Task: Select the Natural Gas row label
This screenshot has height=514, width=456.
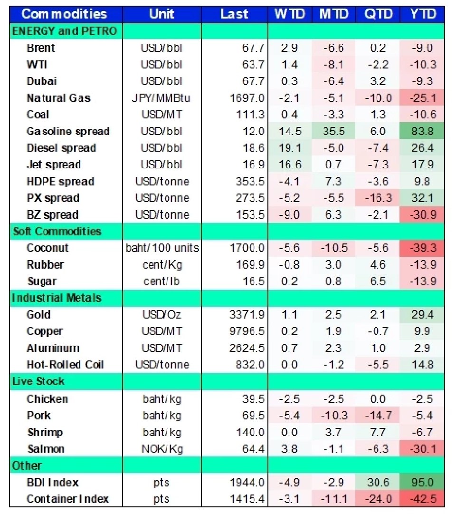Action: (58, 98)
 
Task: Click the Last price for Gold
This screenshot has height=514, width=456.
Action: (247, 315)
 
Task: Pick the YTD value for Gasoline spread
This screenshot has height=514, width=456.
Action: (422, 131)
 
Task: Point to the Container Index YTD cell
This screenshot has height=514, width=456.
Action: (422, 499)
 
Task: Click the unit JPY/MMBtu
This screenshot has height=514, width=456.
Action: (161, 98)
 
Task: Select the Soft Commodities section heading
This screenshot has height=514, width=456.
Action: (57, 232)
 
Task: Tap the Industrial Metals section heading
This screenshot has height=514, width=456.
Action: (57, 298)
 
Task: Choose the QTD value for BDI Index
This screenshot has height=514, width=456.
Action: (378, 482)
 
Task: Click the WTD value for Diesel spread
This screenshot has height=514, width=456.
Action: (289, 148)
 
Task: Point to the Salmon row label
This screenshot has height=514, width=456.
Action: (45, 449)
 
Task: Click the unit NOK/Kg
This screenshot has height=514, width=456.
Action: (161, 449)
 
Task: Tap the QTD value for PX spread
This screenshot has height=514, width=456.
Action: (378, 198)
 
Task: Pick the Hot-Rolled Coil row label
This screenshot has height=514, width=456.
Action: (65, 365)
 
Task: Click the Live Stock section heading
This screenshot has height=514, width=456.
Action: (38, 381)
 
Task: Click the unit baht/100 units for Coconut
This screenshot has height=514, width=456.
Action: (161, 248)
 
